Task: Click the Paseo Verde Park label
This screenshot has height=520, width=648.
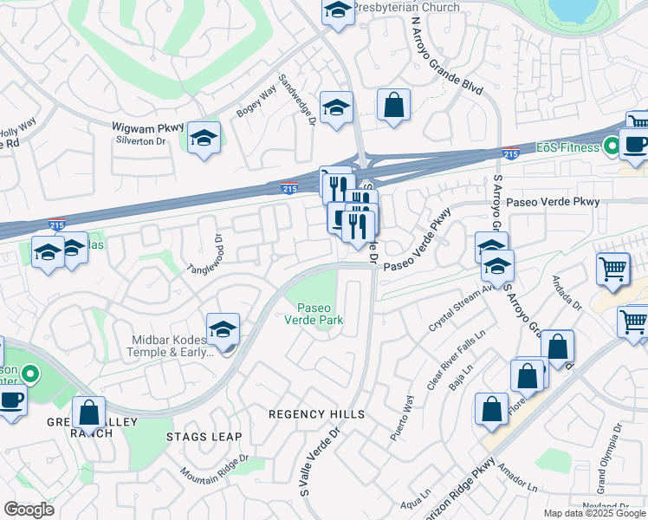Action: click(x=320, y=314)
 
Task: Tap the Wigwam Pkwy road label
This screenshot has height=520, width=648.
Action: click(x=147, y=127)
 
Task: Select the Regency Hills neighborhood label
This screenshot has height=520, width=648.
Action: click(x=316, y=414)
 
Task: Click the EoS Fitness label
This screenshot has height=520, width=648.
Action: click(x=568, y=147)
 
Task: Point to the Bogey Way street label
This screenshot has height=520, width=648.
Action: click(x=256, y=101)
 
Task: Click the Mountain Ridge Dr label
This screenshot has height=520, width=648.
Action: click(x=214, y=468)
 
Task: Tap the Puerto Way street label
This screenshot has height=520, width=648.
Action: click(x=402, y=419)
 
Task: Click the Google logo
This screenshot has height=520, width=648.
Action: click(x=29, y=510)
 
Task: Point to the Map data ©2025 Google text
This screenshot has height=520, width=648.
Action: click(x=594, y=513)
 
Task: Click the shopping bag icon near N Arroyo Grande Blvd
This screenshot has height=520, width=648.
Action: click(x=393, y=106)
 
